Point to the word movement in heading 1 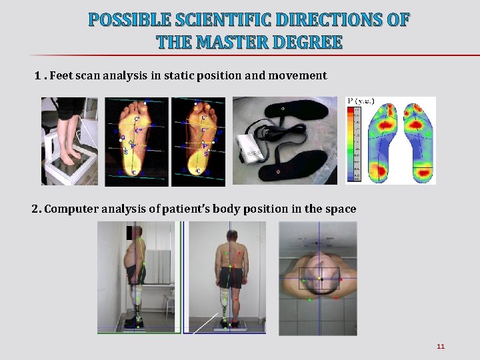[297, 75]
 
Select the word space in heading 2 [341, 209]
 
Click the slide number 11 [440, 346]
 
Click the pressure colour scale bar [353, 143]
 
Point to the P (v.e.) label [361, 101]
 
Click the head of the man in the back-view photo [231, 237]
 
